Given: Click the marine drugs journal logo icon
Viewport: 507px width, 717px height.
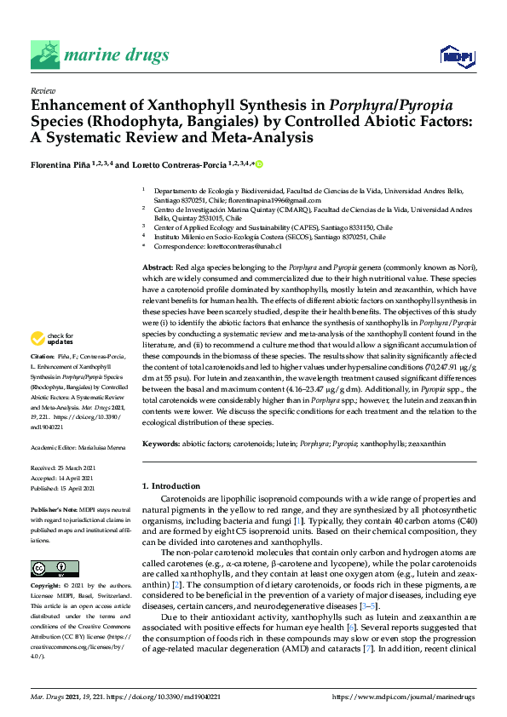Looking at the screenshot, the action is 43,54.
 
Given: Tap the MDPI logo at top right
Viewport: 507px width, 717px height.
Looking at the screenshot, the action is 456,56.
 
